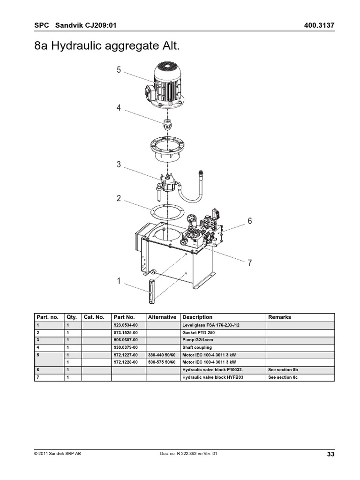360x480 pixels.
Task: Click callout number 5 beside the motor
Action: tap(119, 70)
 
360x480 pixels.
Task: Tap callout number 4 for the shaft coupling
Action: tap(119, 108)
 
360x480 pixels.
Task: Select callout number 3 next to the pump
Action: tap(119, 165)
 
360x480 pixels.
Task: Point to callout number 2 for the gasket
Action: tap(119, 198)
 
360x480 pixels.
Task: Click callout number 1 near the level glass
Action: tap(119, 281)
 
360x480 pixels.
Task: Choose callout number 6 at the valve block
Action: tap(250, 221)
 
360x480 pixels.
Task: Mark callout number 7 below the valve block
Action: tap(250, 263)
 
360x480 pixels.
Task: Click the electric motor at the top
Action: tap(167, 87)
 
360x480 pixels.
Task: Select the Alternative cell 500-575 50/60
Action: tap(161, 362)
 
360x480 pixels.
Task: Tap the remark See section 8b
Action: tap(283, 370)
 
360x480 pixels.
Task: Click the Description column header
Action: tap(197, 317)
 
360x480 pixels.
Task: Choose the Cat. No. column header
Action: tap(94, 317)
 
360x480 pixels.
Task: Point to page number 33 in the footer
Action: tap(330, 454)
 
